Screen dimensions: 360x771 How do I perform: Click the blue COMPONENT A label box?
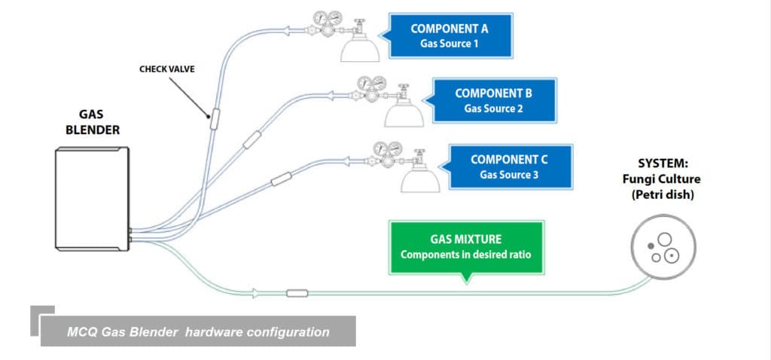(450, 35)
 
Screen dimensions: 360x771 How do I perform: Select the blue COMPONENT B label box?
(493, 100)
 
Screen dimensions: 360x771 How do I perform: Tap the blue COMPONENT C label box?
(509, 166)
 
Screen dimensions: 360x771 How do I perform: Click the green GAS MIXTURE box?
(465, 247)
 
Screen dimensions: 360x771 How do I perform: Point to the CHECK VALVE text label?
(166, 69)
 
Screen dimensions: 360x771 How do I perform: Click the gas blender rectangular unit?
(92, 199)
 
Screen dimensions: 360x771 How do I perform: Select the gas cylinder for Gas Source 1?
(359, 47)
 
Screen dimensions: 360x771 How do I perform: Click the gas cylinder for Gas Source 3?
(419, 178)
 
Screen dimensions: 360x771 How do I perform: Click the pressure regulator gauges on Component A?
(325, 23)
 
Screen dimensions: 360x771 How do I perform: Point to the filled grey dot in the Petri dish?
(651, 246)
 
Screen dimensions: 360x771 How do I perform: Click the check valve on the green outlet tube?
(297, 292)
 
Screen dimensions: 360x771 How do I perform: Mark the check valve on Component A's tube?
(213, 117)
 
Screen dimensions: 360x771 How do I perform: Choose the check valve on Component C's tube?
(282, 179)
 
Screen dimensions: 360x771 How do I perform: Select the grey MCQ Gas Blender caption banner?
(197, 331)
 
